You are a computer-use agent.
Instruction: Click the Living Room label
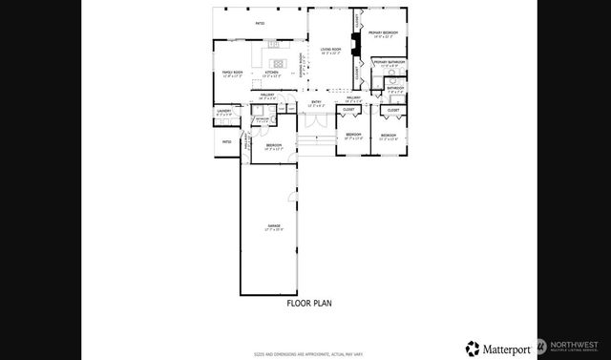coord(331,50)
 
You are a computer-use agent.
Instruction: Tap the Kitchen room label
coord(271,73)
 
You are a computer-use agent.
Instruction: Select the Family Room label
coord(233,73)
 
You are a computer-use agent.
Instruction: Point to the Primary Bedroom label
coord(384,33)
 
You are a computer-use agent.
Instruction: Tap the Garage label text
coord(273,226)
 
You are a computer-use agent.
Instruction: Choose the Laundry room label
coord(224,112)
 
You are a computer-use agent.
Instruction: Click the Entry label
coord(316,101)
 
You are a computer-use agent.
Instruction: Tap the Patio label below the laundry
coord(226,141)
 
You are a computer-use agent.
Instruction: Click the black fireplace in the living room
coord(354,43)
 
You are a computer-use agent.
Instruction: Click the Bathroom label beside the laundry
coord(262,119)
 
